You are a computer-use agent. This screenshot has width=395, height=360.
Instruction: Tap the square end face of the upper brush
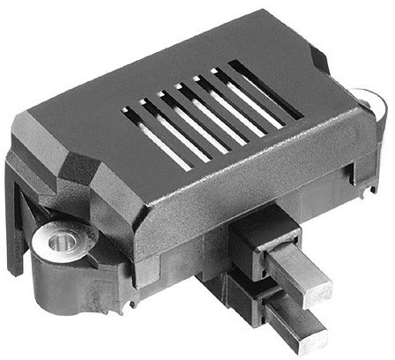[318, 290]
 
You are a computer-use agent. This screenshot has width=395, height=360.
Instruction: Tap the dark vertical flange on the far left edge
[12, 212]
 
